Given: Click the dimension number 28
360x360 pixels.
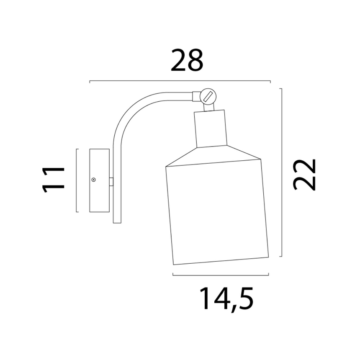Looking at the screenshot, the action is (x=187, y=60).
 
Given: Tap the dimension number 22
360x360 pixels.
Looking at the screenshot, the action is (x=305, y=175).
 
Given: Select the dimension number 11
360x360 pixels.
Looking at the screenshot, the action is (x=54, y=180).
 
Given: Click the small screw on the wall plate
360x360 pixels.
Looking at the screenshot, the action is (x=93, y=180).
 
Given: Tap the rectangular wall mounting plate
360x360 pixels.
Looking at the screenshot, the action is (x=99, y=180).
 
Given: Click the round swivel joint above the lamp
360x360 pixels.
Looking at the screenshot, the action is (x=208, y=96).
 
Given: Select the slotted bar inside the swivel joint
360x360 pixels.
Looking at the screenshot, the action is (x=208, y=96).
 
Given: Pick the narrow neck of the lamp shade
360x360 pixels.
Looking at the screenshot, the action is (x=210, y=129).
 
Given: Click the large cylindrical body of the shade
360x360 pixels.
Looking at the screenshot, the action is (x=217, y=212).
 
